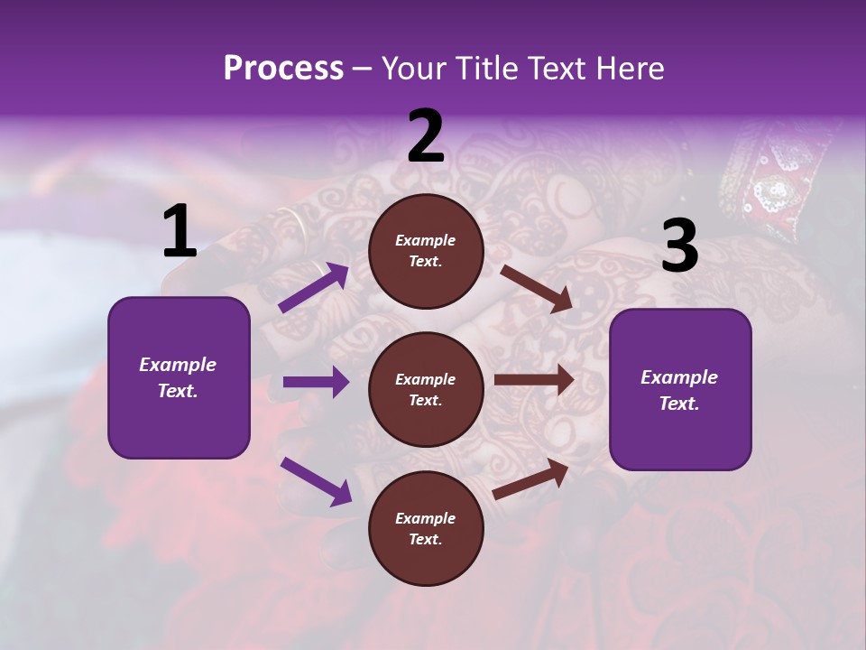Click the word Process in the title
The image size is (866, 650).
pyautogui.click(x=283, y=68)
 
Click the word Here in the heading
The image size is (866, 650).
pyautogui.click(x=631, y=68)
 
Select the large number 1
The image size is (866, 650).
pyautogui.click(x=180, y=232)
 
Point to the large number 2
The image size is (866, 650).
pyautogui.click(x=426, y=136)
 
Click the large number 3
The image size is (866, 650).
pyautogui.click(x=679, y=246)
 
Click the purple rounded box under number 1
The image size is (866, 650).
pyautogui.click(x=179, y=377)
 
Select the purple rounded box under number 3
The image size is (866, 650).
pyautogui.click(x=680, y=390)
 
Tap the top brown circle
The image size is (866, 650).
pyautogui.click(x=426, y=251)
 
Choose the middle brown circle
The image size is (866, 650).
pyautogui.click(x=426, y=390)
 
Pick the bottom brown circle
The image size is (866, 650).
pyautogui.click(x=426, y=529)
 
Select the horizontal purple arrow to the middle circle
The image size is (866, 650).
pyautogui.click(x=316, y=382)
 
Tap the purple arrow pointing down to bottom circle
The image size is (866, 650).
pyautogui.click(x=316, y=480)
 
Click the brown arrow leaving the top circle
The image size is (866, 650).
pyautogui.click(x=536, y=288)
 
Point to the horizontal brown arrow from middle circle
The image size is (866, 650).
pyautogui.click(x=534, y=380)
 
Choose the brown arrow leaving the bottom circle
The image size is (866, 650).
pyautogui.click(x=530, y=478)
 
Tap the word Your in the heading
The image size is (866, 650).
pyautogui.click(x=414, y=68)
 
